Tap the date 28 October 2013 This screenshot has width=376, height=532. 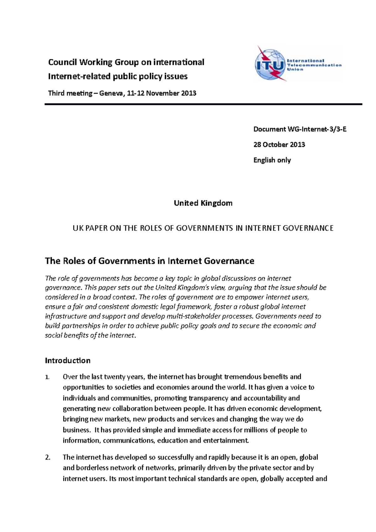pos(279,144)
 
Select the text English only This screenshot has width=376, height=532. pos(272,160)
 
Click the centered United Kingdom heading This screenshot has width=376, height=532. pos(203,203)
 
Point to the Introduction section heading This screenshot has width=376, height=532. pos(68,360)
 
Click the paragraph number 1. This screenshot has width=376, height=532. pos(47,377)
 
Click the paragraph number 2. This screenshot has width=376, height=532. pos(48,457)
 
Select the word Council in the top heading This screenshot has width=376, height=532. pos(62,62)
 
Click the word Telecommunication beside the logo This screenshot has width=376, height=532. pos(314,65)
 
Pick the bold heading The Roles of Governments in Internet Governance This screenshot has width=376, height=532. pos(149,261)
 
